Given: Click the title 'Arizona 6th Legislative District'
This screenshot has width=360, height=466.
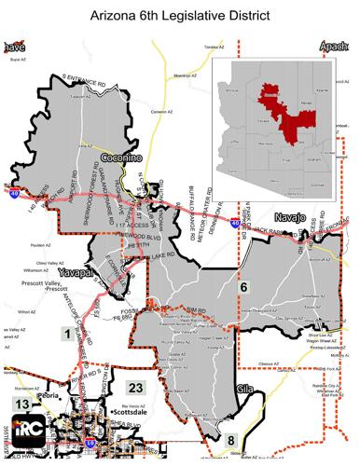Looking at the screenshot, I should point(180,16).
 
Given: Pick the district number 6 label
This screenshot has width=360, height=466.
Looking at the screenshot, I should point(244,288).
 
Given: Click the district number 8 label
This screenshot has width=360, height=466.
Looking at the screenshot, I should point(232,441).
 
